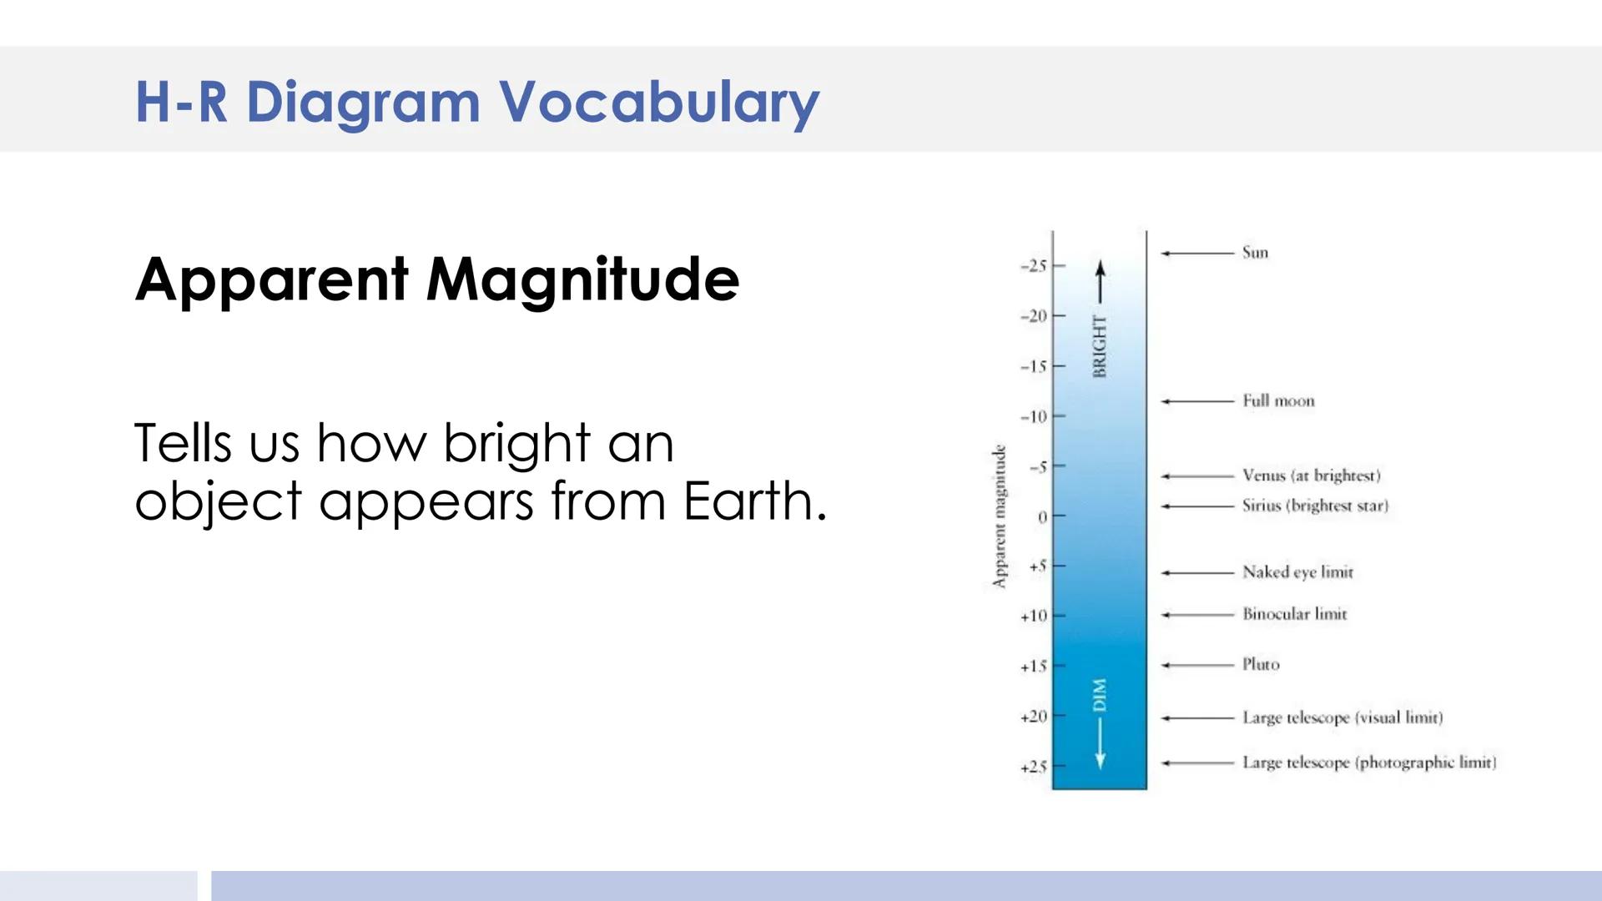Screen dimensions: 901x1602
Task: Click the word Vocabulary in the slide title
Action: pyautogui.click(x=659, y=103)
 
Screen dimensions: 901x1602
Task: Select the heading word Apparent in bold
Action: pyautogui.click(x=272, y=280)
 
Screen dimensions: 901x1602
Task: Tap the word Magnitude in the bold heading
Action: pyautogui.click(x=582, y=280)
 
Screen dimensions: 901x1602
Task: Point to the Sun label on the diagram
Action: pyautogui.click(x=1255, y=253)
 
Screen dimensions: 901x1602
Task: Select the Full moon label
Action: pyautogui.click(x=1278, y=401)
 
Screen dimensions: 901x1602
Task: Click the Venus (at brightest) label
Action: pyautogui.click(x=1311, y=476)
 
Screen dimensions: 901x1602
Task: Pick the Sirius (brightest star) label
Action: pyautogui.click(x=1315, y=506)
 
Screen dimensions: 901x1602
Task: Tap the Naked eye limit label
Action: pyautogui.click(x=1297, y=572)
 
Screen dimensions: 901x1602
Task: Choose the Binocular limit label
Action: pyautogui.click(x=1294, y=614)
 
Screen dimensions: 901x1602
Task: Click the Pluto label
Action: pyautogui.click(x=1260, y=665)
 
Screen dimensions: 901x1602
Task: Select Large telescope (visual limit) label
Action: pyautogui.click(x=1342, y=717)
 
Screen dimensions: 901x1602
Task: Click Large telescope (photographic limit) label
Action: pyautogui.click(x=1368, y=763)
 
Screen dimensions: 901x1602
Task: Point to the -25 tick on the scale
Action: pyautogui.click(x=1033, y=266)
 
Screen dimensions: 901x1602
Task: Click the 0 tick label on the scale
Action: pyautogui.click(x=1042, y=517)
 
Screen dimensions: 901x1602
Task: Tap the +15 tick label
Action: pyautogui.click(x=1033, y=667)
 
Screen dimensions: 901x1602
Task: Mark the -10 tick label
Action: pyautogui.click(x=1033, y=416)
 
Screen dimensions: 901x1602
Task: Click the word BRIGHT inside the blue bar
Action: pyautogui.click(x=1100, y=346)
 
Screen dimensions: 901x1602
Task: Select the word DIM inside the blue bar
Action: pyautogui.click(x=1100, y=695)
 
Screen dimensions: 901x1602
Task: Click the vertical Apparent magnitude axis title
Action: pyautogui.click(x=999, y=517)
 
